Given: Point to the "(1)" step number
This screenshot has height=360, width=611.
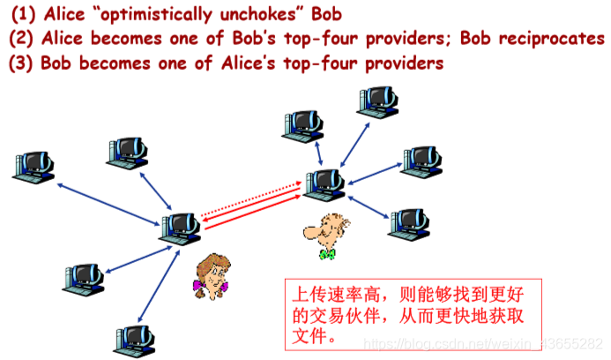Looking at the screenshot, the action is click(24, 15).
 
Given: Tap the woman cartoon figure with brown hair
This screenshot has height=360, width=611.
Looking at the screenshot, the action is click(211, 274).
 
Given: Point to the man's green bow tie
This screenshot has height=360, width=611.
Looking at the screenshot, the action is click(328, 254).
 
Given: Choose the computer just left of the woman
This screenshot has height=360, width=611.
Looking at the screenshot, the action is click(180, 227).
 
